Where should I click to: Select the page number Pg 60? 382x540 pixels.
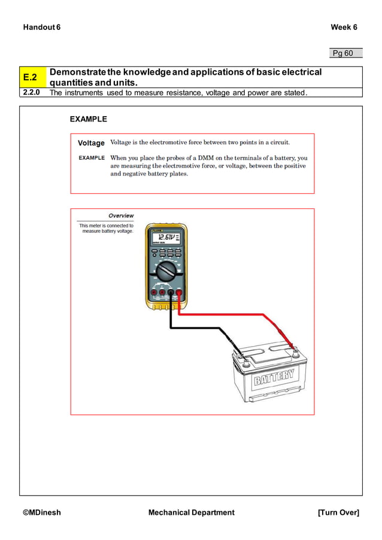(343, 53)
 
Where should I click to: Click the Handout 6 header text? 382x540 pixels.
(42, 28)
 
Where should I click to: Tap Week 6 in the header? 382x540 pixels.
(344, 28)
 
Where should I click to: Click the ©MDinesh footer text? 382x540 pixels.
(42, 512)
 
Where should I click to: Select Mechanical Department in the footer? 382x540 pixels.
(191, 512)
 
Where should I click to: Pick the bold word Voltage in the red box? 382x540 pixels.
(91, 143)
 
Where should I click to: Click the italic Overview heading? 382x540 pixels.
(121, 216)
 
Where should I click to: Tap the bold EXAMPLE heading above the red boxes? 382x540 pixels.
(89, 119)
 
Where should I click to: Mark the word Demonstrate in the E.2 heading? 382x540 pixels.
(78, 72)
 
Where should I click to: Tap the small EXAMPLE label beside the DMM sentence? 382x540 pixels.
(92, 158)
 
